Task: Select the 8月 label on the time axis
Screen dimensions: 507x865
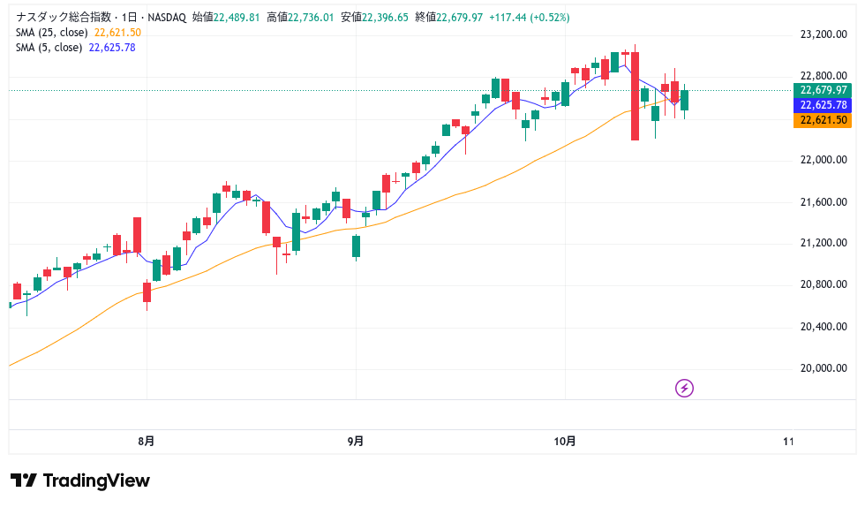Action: coord(147,441)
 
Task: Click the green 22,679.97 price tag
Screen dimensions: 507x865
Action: coord(823,90)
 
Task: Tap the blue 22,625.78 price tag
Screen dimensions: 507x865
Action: coord(823,105)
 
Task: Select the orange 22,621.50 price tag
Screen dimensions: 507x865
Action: coord(823,120)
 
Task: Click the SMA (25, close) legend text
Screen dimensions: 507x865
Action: coord(52,33)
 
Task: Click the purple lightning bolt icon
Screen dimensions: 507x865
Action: coord(684,388)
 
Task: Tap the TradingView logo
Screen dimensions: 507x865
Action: coord(80,481)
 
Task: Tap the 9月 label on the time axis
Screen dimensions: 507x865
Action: coord(356,441)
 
